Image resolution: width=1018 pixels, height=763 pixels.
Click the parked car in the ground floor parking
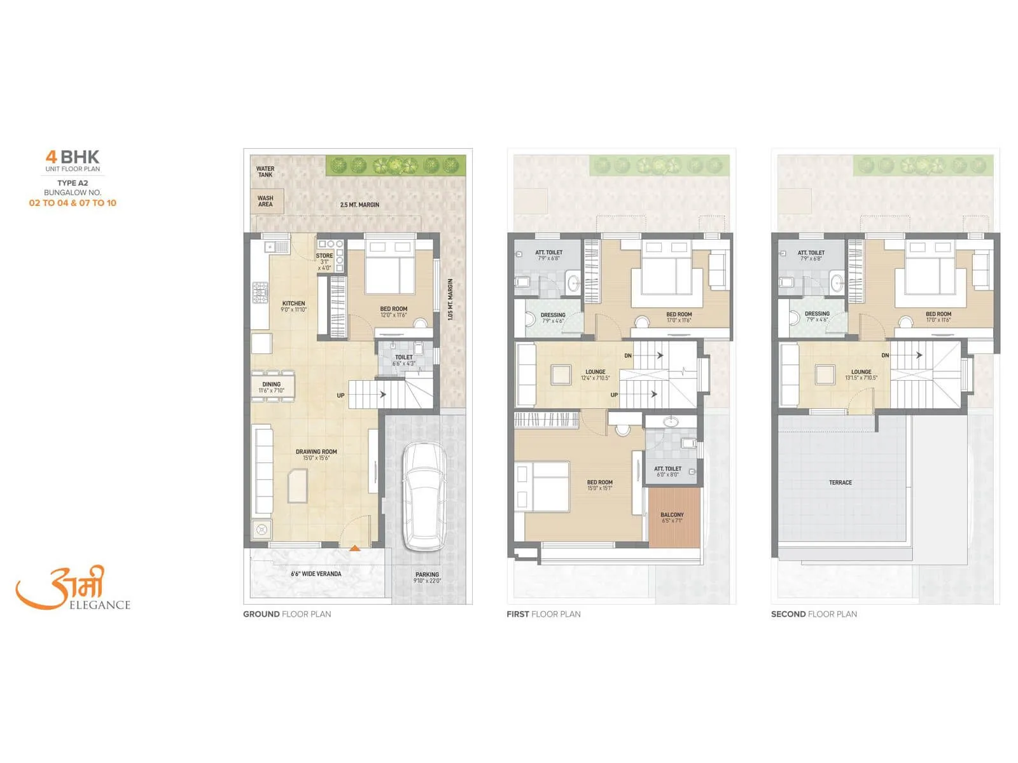[x=424, y=496]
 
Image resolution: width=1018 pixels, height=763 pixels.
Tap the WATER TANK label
[x=265, y=172]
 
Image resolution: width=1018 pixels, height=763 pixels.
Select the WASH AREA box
[x=266, y=201]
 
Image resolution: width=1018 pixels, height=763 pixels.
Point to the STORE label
[x=324, y=256]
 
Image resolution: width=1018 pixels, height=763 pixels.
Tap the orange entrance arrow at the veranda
[x=354, y=547]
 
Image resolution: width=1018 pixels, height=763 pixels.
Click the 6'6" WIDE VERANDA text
[x=316, y=574]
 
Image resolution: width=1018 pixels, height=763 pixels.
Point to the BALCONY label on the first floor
[x=672, y=514]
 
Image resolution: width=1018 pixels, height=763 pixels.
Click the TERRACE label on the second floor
[x=840, y=483]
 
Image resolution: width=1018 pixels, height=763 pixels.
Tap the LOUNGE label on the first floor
[x=596, y=372]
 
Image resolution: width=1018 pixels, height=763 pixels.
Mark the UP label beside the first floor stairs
[x=614, y=395]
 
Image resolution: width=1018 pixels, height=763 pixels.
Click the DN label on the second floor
[x=885, y=355]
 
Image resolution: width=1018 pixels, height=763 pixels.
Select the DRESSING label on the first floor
[x=553, y=315]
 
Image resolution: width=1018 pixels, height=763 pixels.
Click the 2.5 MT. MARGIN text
[x=359, y=205]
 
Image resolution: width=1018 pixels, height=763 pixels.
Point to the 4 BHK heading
[x=73, y=156]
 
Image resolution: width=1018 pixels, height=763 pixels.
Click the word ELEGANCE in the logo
[x=99, y=605]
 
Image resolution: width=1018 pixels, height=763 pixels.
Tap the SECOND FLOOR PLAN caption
[x=814, y=614]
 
